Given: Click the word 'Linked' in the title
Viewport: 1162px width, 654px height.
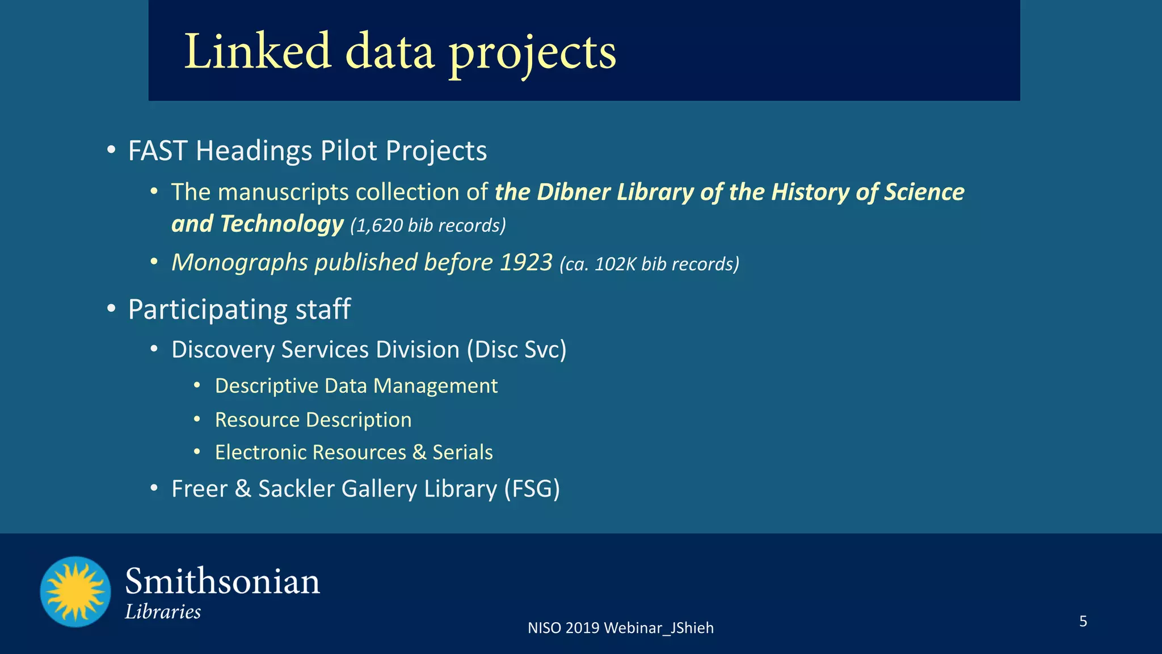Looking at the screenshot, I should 258,52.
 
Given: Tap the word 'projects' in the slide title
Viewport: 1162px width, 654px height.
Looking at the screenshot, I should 533,54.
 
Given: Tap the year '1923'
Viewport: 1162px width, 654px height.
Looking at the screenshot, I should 526,262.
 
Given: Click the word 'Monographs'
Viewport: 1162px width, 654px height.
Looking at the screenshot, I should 239,263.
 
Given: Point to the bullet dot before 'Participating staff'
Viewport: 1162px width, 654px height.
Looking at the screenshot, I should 111,309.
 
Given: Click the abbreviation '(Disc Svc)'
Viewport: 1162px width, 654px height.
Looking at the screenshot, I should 516,350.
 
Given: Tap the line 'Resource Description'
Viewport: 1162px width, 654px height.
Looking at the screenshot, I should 313,420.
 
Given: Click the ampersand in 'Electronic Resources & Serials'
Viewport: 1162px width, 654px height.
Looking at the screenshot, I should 419,452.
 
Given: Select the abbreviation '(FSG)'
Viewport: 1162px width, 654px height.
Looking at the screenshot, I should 532,489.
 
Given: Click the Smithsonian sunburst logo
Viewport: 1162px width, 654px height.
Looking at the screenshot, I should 75,592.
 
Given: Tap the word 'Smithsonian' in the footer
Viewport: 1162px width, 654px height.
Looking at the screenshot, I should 222,582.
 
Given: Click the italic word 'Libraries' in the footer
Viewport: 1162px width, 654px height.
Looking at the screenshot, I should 163,612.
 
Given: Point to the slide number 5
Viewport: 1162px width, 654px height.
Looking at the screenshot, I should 1083,621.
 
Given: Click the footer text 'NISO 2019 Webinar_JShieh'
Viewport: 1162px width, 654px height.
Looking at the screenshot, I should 620,628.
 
